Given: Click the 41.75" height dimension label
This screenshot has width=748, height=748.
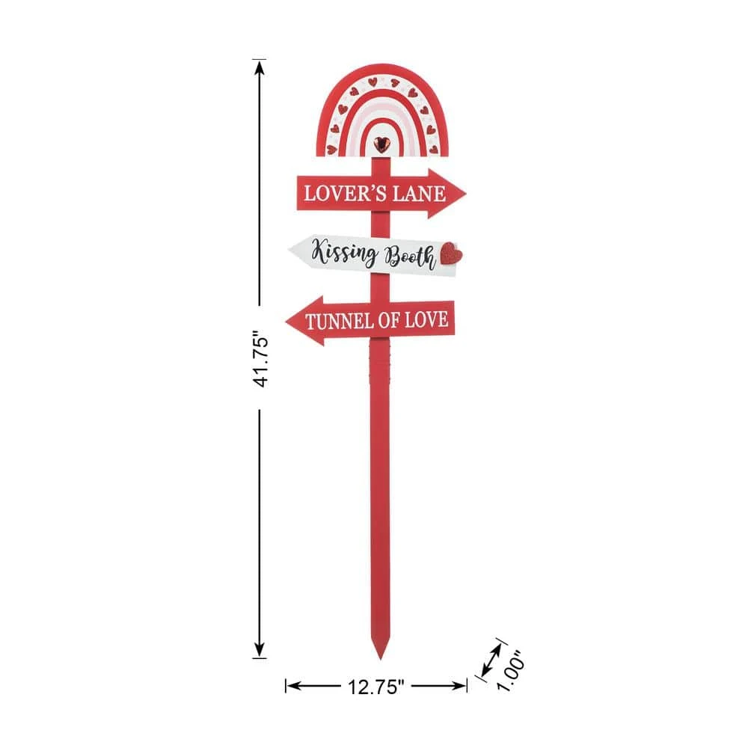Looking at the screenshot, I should click(260, 360).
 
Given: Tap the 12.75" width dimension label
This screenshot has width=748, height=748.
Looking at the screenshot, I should click(375, 685).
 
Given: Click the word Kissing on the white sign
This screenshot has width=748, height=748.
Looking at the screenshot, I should click(344, 253).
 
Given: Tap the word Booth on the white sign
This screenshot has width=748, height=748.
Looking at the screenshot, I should click(408, 258).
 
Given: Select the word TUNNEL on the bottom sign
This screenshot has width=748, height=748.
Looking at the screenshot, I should click(341, 321).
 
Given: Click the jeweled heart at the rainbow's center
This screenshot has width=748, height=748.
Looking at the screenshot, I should click(382, 142).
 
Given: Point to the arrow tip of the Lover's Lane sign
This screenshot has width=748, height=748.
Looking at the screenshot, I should click(464, 194).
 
